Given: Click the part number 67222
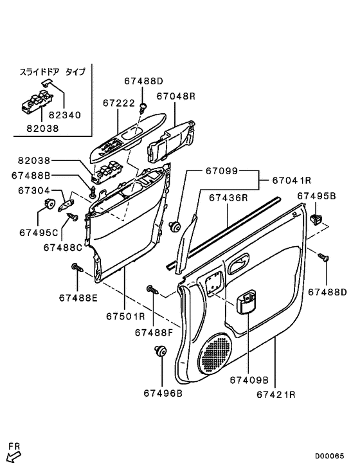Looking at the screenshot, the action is (x=119, y=103).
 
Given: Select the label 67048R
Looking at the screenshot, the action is (x=176, y=96).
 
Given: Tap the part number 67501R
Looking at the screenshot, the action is (x=126, y=316).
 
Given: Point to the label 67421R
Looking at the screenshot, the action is (x=276, y=395).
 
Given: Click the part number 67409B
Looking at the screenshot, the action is (x=249, y=380).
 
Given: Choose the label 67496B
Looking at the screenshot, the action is (x=163, y=393).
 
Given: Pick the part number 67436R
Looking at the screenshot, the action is (x=228, y=198).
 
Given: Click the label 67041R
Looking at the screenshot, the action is (x=292, y=180).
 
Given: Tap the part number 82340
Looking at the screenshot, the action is (x=65, y=115).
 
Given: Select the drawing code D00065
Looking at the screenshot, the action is (x=329, y=456).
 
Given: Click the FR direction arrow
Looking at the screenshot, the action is (x=14, y=457).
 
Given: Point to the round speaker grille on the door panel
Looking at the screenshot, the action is (x=217, y=353).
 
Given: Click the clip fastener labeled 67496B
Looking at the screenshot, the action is (x=161, y=351).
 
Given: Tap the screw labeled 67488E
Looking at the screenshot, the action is (x=77, y=267).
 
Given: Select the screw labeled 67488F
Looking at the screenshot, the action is (x=153, y=289).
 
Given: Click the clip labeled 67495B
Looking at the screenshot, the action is (x=316, y=219).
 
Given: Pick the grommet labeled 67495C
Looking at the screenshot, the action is (x=50, y=204).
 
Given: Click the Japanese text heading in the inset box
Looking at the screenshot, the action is (x=53, y=72).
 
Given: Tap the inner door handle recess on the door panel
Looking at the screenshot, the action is (x=239, y=262).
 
